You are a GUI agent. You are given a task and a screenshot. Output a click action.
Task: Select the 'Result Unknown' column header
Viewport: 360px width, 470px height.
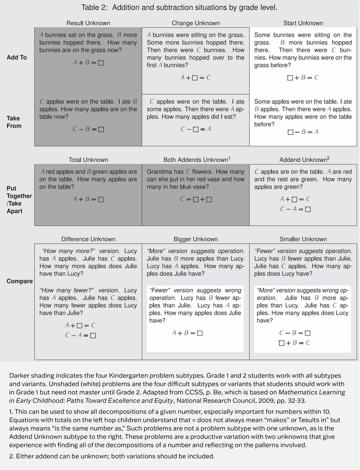coord(88,23)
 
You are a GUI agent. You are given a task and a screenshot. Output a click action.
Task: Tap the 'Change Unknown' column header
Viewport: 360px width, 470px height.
coord(196,23)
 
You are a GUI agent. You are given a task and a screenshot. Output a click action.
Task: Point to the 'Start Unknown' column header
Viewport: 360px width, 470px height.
coord(303,23)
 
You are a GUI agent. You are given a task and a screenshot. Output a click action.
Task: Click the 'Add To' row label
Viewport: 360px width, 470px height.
coord(17,58)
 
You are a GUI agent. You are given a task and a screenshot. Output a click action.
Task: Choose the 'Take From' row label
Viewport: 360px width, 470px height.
coord(14,122)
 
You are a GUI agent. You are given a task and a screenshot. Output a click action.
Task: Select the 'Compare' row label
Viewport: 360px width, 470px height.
coord(20,281)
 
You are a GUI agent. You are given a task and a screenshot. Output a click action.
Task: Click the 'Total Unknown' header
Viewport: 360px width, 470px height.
coord(88,160)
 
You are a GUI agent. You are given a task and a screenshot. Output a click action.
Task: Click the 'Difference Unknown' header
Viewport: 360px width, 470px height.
coord(88,239)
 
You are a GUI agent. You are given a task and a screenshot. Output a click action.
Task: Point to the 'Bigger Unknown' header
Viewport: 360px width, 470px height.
coord(196,239)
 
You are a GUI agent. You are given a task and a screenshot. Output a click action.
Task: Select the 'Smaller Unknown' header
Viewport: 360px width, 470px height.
coord(303,239)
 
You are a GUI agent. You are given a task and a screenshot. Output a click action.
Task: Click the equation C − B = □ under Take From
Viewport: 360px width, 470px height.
coord(88,129)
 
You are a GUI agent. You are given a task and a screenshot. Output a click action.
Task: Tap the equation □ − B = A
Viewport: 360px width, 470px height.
coord(303,132)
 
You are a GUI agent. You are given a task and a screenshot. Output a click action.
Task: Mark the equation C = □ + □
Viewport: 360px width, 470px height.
coord(196,199)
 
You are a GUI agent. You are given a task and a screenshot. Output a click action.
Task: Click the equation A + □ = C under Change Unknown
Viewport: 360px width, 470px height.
coord(196,78)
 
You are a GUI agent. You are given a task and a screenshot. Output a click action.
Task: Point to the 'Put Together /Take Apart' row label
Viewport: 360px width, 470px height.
coord(19,200)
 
